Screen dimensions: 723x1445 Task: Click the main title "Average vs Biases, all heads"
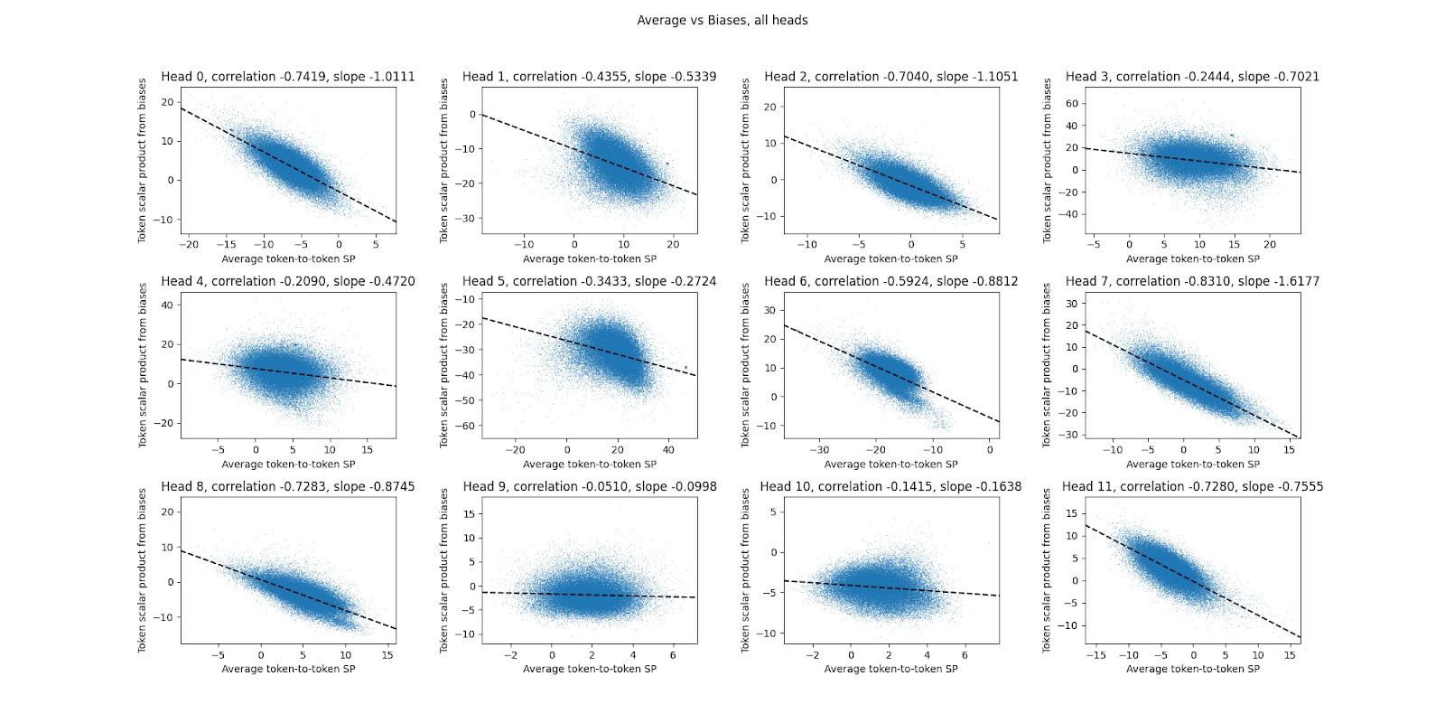tap(722, 20)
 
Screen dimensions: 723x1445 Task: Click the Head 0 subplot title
tap(288, 77)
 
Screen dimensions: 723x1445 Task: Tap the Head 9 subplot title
tap(590, 486)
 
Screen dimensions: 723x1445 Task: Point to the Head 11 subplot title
tap(1192, 486)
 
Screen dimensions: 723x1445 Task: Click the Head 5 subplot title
tap(590, 281)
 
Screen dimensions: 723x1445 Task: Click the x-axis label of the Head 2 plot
tap(890, 258)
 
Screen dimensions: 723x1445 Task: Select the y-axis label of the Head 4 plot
tap(142, 365)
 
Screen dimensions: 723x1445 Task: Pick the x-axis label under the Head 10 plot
tap(890, 669)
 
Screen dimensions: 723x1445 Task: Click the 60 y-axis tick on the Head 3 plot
tap(1072, 103)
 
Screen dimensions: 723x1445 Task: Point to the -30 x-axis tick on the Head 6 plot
tap(819, 449)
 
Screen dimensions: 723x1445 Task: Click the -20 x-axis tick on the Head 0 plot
tap(189, 244)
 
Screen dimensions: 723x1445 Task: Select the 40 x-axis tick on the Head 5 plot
tap(668, 449)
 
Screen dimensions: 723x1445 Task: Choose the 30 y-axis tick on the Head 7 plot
tap(1072, 304)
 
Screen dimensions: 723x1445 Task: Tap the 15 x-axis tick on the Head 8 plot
tap(387, 654)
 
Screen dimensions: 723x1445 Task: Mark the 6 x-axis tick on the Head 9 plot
tap(673, 654)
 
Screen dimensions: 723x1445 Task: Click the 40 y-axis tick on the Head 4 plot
tap(166, 305)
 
